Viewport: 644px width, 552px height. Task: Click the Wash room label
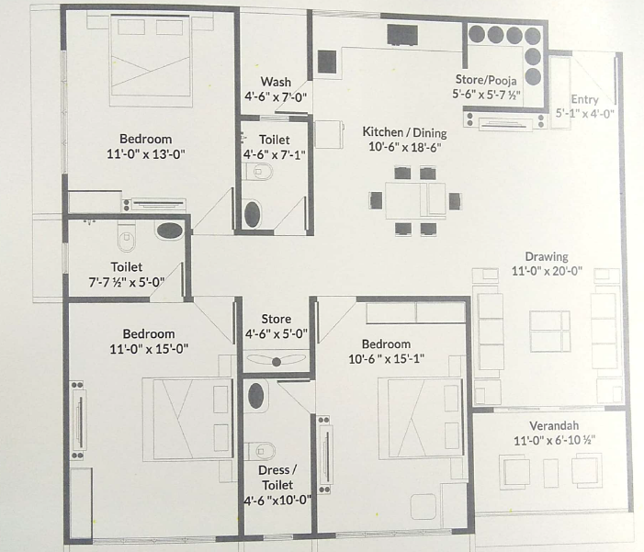276,82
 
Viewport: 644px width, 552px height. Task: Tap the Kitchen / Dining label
404,132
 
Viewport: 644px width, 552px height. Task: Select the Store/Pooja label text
486,79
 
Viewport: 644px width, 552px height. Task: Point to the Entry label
584,99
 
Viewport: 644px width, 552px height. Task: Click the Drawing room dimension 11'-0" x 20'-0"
547,271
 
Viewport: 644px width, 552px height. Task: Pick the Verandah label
554,425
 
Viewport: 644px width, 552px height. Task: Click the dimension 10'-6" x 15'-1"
386,359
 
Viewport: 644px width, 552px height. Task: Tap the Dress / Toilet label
277,478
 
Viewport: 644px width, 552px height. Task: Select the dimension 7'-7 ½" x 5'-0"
127,282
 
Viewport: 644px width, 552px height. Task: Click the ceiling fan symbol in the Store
276,361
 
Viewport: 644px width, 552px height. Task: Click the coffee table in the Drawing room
549,332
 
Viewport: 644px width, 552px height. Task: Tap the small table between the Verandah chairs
551,473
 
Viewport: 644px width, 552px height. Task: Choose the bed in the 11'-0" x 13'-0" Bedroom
151,61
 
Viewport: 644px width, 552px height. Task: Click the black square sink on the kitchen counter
327,62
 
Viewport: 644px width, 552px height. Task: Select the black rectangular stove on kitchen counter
402,35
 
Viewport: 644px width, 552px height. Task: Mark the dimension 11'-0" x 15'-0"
149,349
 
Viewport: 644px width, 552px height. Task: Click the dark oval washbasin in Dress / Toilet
256,396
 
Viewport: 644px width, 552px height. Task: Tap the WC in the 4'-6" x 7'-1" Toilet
259,171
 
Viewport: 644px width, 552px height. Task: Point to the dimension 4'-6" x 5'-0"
276,334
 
